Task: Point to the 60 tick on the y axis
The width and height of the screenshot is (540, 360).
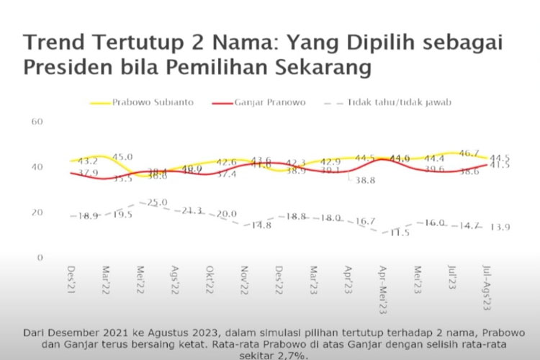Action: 38,122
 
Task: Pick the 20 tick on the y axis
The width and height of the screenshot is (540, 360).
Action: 38,212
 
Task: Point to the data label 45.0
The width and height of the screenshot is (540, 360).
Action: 122,156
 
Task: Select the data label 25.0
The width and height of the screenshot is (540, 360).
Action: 158,202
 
